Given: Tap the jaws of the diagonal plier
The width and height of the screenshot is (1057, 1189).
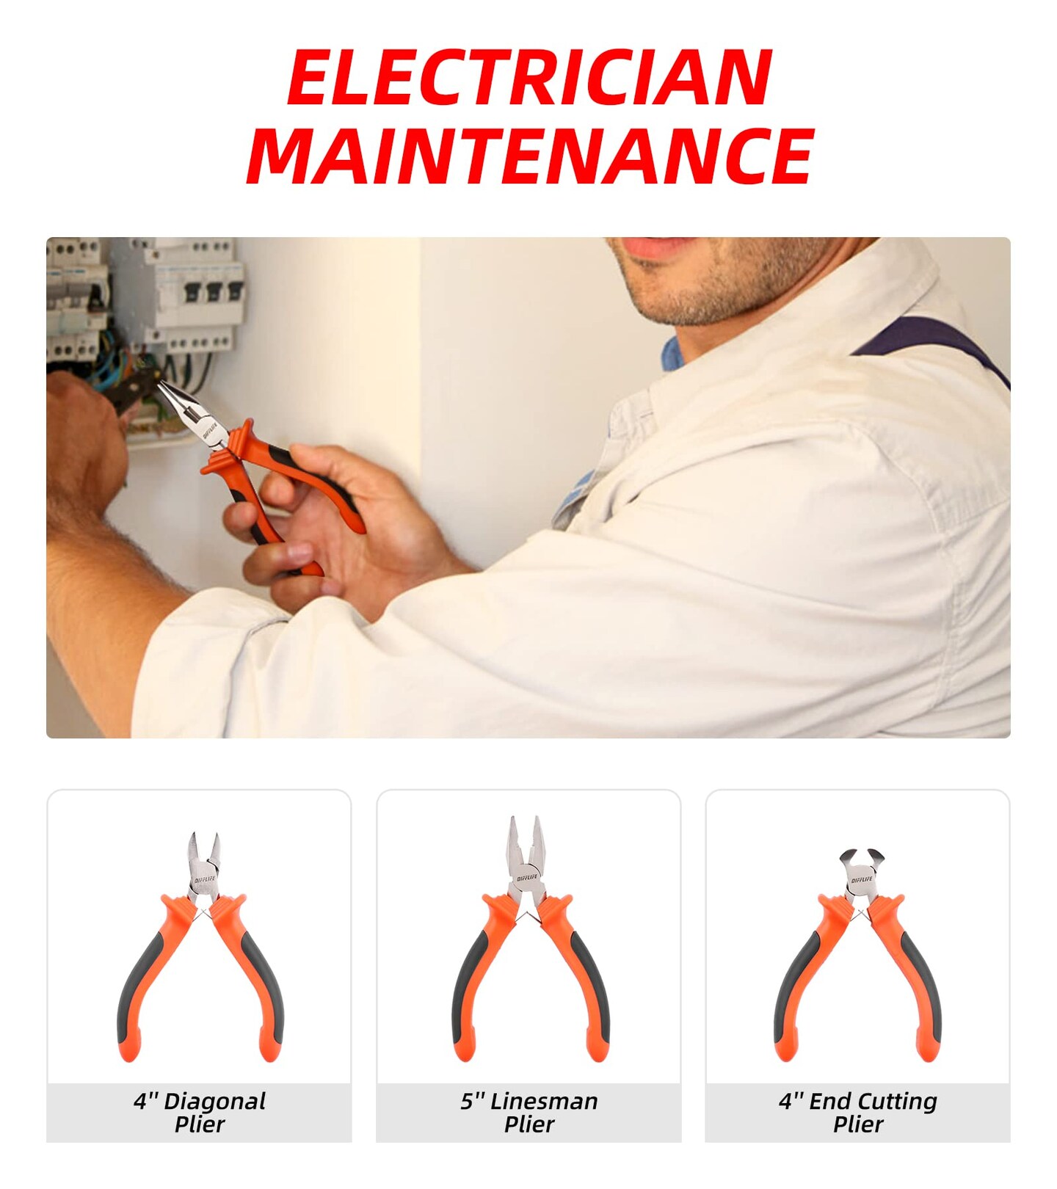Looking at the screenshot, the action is tap(203, 863).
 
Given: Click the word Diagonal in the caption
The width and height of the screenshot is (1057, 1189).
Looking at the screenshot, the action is tap(214, 1102).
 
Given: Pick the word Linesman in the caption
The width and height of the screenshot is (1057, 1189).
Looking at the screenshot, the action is tap(544, 1101).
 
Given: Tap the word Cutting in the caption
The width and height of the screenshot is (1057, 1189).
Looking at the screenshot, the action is tap(897, 1102).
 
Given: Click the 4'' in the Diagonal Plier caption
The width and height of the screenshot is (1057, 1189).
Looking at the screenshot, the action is tap(145, 1101).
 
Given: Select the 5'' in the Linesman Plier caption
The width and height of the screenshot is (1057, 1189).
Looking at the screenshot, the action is tap(473, 1101).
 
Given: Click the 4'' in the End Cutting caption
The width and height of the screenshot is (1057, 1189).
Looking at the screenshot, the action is tap(791, 1101).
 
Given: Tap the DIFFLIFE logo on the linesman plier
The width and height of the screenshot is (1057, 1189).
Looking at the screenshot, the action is tap(526, 877).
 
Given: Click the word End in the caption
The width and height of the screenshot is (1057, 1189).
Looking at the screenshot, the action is tap(829, 1101).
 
